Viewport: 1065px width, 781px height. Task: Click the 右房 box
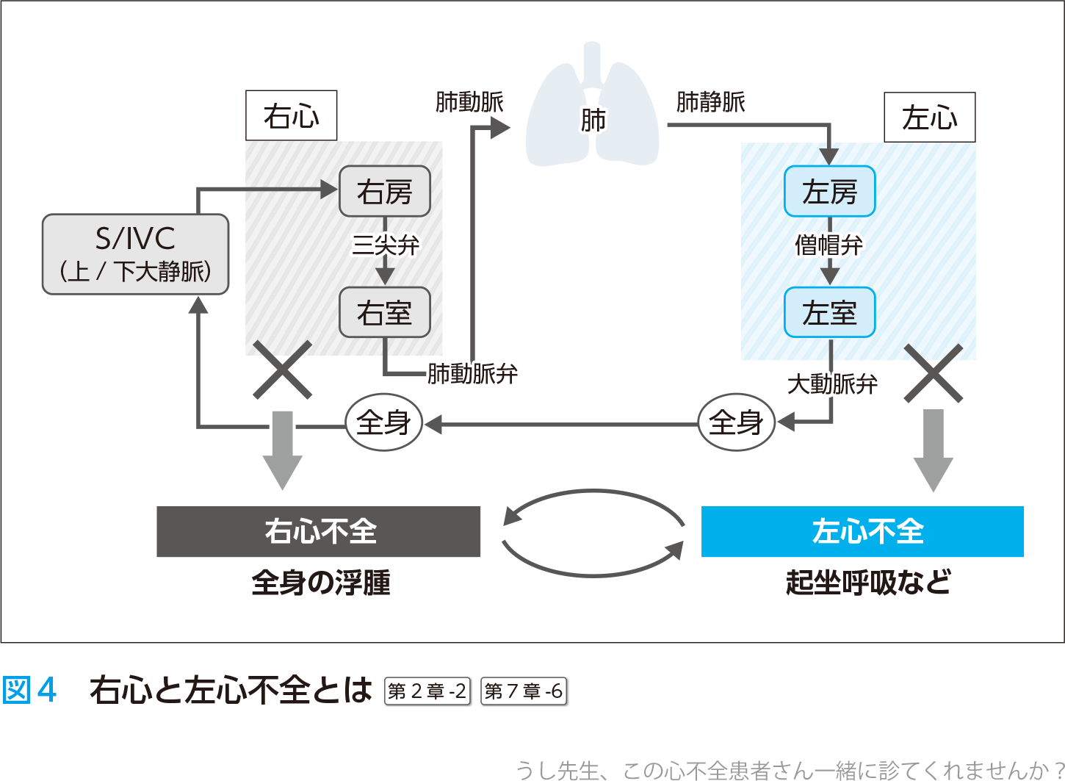[384, 192]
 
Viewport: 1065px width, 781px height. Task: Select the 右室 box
[384, 312]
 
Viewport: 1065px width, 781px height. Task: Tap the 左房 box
[829, 192]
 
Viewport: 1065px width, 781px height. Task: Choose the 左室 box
[829, 312]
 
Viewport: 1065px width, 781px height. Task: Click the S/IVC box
[135, 254]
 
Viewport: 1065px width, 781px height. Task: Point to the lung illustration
[592, 110]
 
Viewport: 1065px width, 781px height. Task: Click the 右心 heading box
[291, 115]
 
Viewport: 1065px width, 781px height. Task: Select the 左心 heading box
[929, 118]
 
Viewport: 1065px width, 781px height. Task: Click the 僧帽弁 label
[828, 245]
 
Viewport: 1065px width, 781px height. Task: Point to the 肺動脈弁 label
[472, 374]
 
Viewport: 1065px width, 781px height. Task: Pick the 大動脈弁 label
[832, 384]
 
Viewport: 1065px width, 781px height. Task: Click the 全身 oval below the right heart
[383, 422]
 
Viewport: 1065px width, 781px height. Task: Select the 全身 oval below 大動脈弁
[736, 422]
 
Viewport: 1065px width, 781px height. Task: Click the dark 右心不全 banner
[318, 531]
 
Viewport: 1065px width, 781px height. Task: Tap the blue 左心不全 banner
[862, 531]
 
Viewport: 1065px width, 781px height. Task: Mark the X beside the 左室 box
[933, 373]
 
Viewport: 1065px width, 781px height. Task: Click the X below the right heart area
[282, 370]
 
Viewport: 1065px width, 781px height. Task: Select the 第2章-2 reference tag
[427, 691]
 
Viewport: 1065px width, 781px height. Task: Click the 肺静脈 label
[710, 102]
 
